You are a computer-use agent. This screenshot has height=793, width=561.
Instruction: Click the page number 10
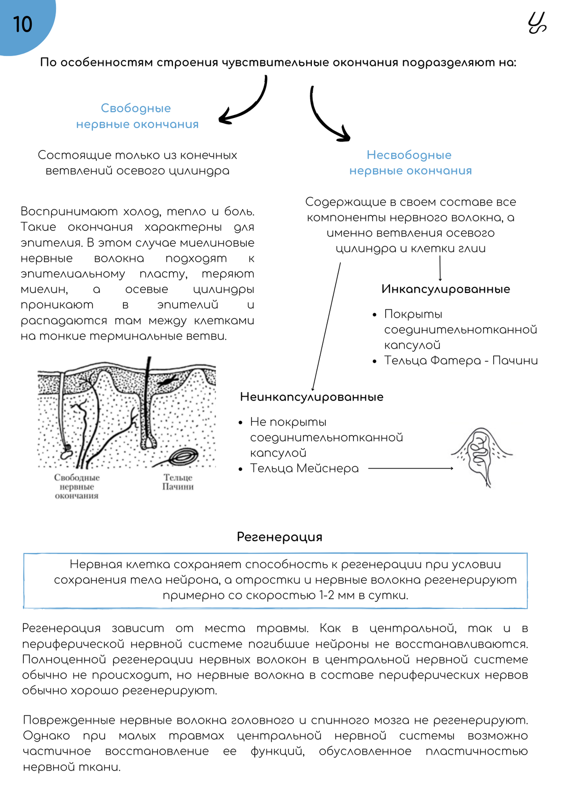tap(22, 24)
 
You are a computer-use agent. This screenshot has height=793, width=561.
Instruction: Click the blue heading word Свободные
tap(136, 108)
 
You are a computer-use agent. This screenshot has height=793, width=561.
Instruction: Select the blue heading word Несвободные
tap(409, 155)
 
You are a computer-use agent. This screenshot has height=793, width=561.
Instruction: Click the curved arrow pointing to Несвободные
tap(327, 117)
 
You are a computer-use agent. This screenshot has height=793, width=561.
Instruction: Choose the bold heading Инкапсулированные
tap(446, 289)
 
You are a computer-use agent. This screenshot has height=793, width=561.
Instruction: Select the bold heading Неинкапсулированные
tap(311, 397)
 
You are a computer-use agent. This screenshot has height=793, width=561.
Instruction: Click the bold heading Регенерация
tap(280, 536)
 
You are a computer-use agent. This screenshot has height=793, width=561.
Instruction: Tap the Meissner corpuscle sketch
tap(481, 455)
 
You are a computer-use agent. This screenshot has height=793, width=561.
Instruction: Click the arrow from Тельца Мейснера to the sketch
tap(410, 468)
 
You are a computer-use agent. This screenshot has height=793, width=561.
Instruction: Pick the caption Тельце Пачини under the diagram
tap(178, 482)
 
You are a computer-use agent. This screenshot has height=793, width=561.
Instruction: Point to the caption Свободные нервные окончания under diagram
tap(77, 486)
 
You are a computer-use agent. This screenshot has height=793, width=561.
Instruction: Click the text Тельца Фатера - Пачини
tap(460, 360)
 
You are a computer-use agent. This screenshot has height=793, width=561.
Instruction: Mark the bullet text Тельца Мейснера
tap(304, 468)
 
